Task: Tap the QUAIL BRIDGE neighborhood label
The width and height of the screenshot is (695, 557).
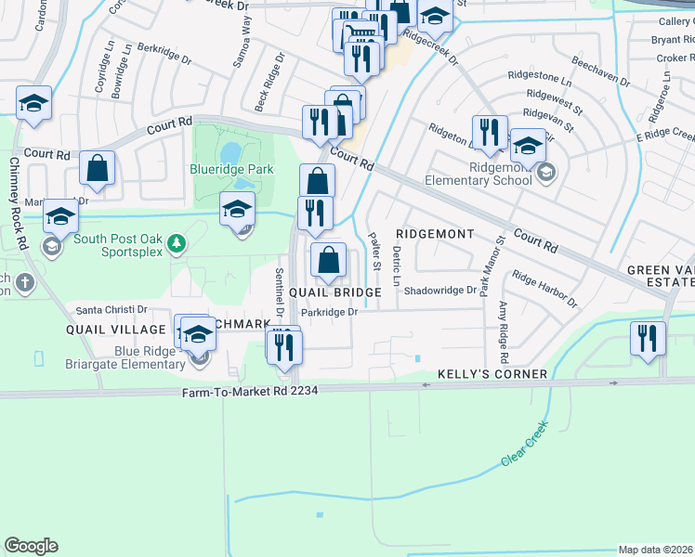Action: (334, 292)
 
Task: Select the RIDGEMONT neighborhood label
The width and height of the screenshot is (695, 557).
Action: (435, 234)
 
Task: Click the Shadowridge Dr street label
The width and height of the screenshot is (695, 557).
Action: (433, 290)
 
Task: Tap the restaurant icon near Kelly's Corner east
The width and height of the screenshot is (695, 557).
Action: (648, 339)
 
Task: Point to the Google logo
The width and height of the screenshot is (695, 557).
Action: (31, 546)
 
